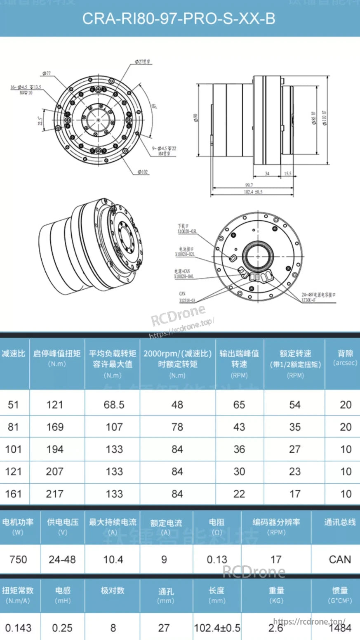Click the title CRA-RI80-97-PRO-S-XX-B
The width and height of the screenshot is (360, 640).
pos(179,19)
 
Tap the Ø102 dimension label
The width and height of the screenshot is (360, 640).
pos(143,172)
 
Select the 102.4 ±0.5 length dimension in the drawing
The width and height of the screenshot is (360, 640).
pos(253,192)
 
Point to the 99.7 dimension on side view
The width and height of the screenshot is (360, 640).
pos(249,185)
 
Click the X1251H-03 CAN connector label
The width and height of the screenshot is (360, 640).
pos(187,300)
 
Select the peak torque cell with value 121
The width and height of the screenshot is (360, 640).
pos(55,404)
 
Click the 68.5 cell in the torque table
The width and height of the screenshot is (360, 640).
pos(114,404)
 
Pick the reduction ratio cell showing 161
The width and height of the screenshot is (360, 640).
pos(13,494)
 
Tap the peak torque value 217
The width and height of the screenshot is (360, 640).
pos(55,494)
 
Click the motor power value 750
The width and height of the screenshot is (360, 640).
pos(18,560)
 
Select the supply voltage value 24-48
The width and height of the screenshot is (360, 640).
pos(62,560)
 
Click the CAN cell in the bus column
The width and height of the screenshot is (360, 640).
pos(340,560)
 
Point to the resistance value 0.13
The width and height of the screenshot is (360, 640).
pos(217,560)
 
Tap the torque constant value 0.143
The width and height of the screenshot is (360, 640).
pos(18,628)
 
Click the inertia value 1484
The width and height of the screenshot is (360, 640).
pos(340,628)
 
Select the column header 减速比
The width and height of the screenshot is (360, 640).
pos(14,354)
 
